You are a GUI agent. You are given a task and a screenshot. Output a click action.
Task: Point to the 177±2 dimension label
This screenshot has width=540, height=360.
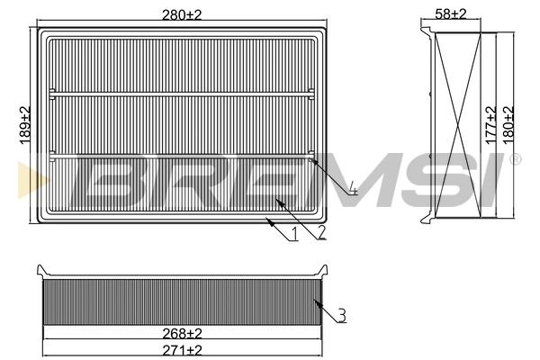490,125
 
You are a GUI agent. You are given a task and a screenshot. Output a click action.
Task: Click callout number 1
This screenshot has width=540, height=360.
294,236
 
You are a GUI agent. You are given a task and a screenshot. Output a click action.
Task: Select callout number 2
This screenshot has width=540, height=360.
320,234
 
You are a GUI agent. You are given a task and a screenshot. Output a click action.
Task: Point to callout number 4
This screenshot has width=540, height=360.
354,189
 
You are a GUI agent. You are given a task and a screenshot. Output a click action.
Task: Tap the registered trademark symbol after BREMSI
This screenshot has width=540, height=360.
515,160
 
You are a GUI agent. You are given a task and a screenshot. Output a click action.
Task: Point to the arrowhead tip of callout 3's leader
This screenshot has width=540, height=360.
312,298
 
